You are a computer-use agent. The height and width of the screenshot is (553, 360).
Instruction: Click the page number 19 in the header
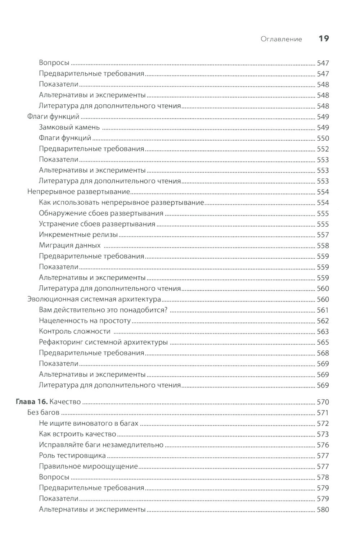[324, 38]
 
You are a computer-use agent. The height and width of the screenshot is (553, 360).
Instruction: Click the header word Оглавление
[281, 39]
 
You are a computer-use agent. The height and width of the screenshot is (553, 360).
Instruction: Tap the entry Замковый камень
[69, 127]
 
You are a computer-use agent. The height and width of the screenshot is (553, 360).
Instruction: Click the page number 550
[323, 138]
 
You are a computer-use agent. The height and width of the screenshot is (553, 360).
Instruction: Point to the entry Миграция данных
[69, 245]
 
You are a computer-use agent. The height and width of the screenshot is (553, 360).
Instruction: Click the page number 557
[323, 235]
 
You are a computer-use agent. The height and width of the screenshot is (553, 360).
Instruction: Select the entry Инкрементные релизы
[78, 235]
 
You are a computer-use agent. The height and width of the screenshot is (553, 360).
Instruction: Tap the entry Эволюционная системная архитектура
[94, 299]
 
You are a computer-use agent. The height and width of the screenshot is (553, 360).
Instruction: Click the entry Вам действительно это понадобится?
[103, 310]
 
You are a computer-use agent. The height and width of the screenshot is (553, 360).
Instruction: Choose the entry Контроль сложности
[74, 331]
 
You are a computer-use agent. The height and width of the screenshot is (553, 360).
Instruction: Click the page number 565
[323, 342]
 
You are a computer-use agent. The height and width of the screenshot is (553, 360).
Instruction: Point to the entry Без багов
[43, 413]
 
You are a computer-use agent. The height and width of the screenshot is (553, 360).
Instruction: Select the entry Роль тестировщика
[72, 455]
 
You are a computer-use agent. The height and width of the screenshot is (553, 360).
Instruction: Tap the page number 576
[323, 445]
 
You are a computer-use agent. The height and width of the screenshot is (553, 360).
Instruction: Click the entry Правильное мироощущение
[88, 466]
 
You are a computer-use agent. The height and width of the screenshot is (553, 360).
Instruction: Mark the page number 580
[323, 509]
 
